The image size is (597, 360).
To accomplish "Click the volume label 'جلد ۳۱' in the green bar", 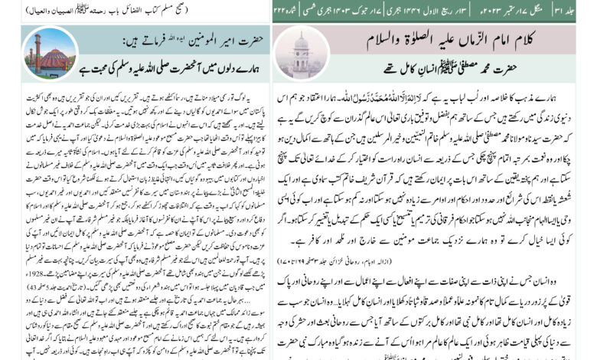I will [584, 11].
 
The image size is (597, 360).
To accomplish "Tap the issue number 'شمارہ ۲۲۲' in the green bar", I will [289, 11].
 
